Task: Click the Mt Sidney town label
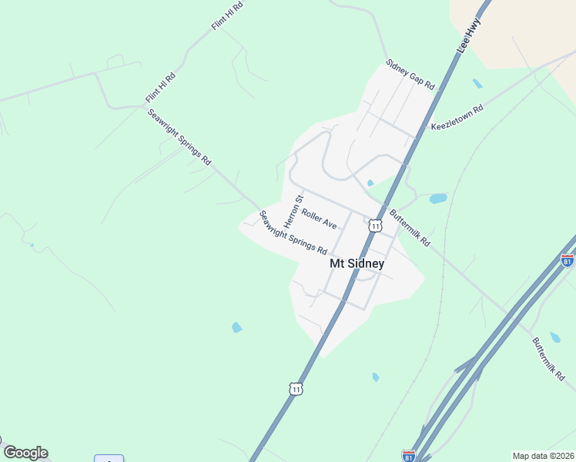(357, 263)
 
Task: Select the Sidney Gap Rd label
(410, 75)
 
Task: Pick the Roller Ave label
(319, 219)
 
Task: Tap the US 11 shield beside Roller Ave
(375, 225)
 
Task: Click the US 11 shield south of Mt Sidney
(296, 389)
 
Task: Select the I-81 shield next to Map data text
(408, 455)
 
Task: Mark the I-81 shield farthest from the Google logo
(567, 260)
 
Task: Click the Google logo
(25, 453)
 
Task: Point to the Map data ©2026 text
(543, 456)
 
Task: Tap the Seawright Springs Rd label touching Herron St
(293, 233)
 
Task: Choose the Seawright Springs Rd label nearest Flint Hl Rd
(179, 137)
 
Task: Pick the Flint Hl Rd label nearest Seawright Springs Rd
(161, 89)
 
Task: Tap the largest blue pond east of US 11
(438, 198)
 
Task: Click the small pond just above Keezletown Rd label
(477, 84)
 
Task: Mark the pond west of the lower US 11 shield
(236, 327)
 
